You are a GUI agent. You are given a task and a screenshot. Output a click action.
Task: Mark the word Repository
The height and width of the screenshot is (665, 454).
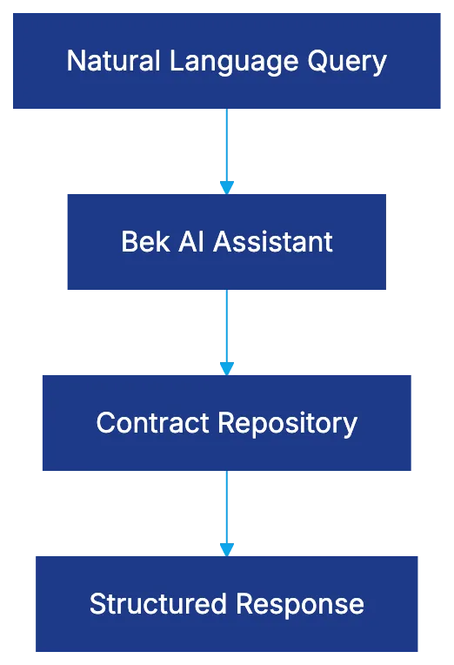[x=288, y=423]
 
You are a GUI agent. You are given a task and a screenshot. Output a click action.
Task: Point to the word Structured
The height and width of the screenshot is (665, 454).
[x=157, y=603]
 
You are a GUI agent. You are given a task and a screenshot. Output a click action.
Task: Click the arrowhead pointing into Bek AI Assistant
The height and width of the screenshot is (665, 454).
[x=226, y=186]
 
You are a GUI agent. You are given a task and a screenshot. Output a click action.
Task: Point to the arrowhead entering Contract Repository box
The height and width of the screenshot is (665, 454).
[x=226, y=367]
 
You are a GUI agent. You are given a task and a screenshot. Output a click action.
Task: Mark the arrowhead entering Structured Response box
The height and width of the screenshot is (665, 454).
[x=226, y=548]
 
